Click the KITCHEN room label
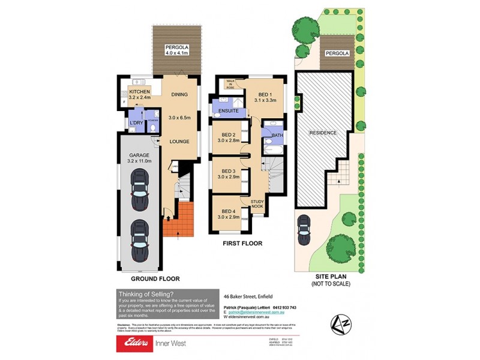(x=139, y=92)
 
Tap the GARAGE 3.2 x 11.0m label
(x=139, y=157)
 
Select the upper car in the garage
(x=139, y=190)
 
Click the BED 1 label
(x=266, y=95)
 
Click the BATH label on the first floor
(x=277, y=136)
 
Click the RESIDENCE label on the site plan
(x=323, y=132)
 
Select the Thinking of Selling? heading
(x=146, y=293)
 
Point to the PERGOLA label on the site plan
(x=337, y=53)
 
